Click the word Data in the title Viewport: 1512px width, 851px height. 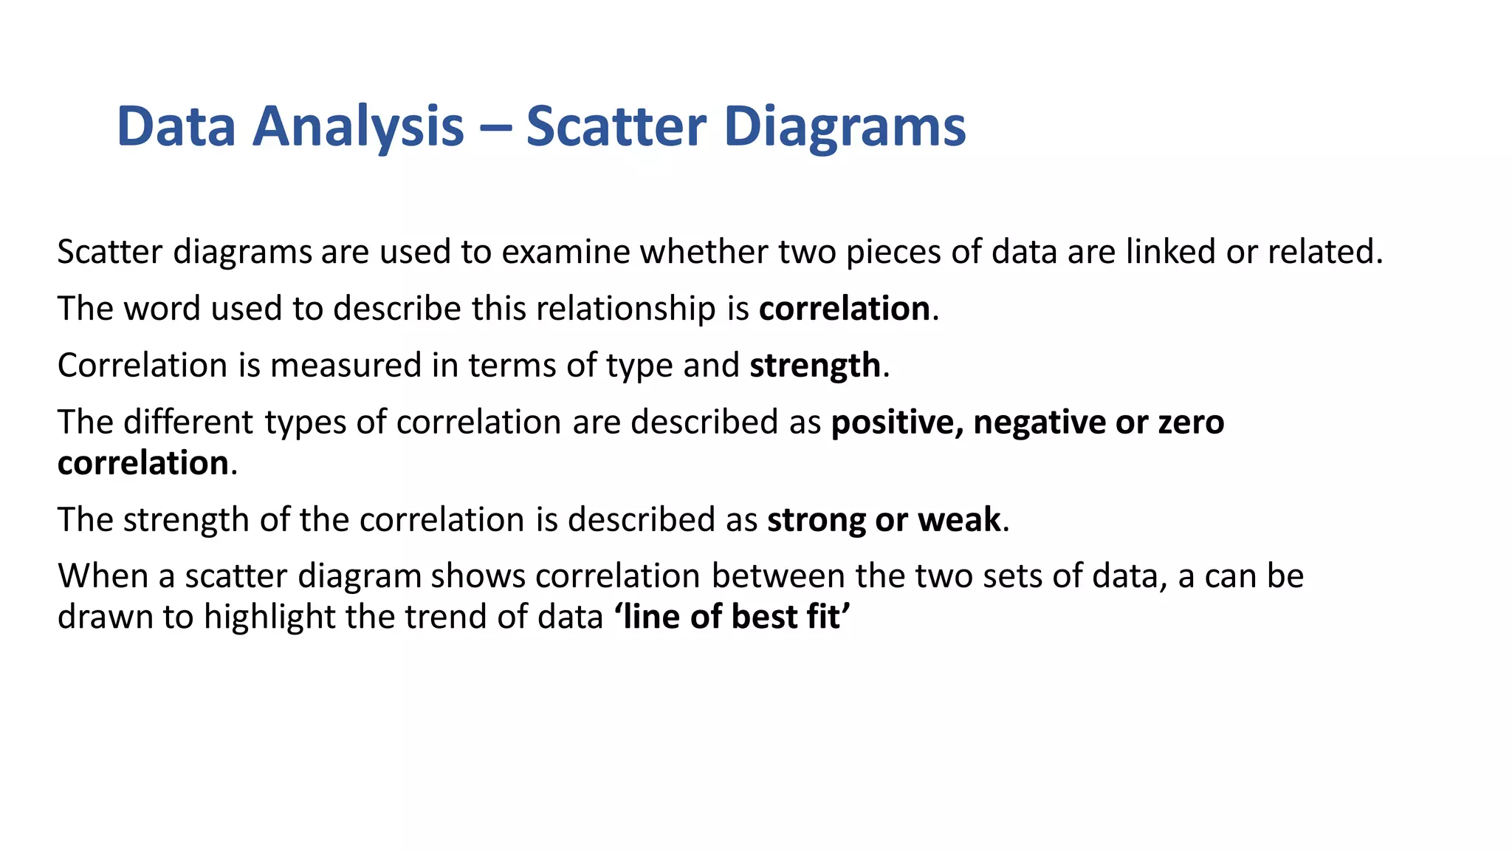176,127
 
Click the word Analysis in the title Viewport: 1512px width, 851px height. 358,127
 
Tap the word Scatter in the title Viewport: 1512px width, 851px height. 616,127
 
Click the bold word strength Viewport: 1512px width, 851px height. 815,366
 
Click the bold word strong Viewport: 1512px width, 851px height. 816,520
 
